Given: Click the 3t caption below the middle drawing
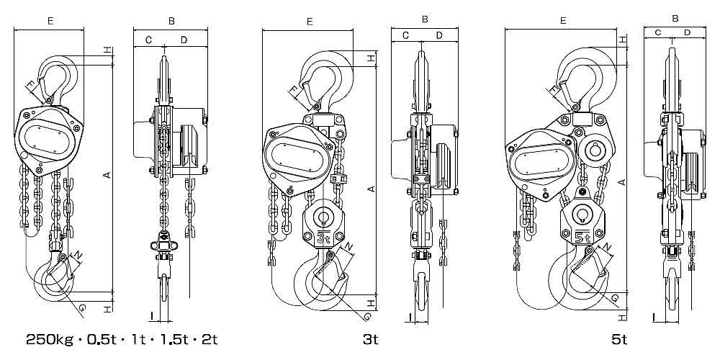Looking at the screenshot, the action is click(x=370, y=340).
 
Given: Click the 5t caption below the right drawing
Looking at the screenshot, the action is click(x=619, y=340).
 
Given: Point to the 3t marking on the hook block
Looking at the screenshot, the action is click(x=323, y=238).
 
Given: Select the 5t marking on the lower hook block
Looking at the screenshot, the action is click(x=582, y=238).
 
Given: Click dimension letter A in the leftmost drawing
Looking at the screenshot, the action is click(x=107, y=174).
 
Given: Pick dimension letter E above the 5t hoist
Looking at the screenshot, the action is click(x=563, y=21).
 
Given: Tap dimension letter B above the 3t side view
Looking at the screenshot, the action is click(x=425, y=19).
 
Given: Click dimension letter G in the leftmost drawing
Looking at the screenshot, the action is click(x=81, y=308).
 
